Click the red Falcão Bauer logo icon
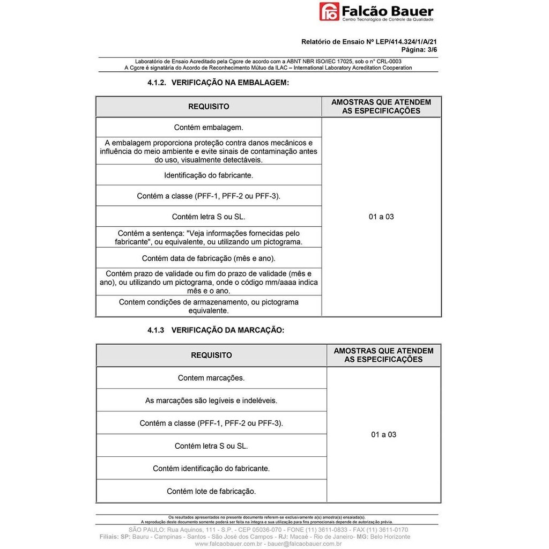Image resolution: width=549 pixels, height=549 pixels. (329, 11)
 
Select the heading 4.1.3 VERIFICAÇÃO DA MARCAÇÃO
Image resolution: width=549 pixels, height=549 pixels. (216, 330)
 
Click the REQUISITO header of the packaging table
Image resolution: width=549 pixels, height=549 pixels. (209, 107)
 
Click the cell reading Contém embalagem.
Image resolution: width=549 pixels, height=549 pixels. (209, 128)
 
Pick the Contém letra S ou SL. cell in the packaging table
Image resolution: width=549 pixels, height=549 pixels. (209, 217)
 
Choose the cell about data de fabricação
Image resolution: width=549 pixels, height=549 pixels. (209, 258)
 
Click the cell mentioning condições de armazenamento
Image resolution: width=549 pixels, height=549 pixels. (209, 306)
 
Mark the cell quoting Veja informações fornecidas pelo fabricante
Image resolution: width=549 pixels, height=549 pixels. (209, 238)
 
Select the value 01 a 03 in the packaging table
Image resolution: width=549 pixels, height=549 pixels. (381, 217)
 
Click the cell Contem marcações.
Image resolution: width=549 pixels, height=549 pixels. (211, 378)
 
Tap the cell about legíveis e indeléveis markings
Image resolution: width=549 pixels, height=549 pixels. (211, 400)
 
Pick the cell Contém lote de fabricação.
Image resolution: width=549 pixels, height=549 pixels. (211, 491)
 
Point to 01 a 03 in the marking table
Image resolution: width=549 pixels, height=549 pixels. (383, 435)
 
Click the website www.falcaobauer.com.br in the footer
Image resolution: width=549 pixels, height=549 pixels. (228, 544)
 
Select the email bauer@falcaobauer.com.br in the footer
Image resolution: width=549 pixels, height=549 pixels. (305, 544)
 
